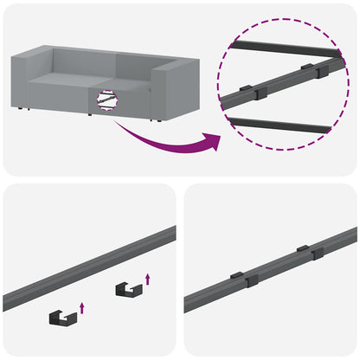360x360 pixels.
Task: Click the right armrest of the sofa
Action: (178, 91)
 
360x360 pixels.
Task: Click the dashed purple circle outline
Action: (221, 87)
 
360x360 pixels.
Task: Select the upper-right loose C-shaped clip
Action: (128, 289)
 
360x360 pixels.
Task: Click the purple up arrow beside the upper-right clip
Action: (149, 278)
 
